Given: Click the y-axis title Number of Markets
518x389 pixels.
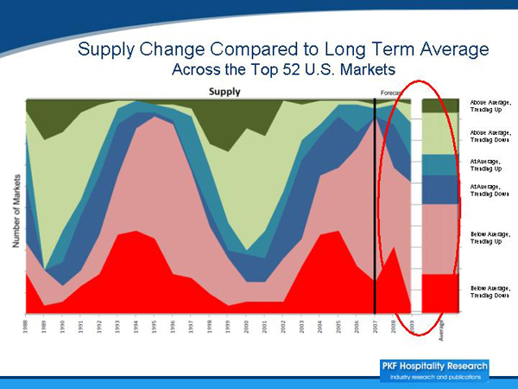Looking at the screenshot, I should pyautogui.click(x=16, y=206).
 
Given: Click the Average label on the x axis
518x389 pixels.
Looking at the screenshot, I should pyautogui.click(x=440, y=332).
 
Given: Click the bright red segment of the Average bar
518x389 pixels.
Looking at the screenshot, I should pyautogui.click(x=440, y=292).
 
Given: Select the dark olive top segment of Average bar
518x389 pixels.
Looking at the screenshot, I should pyautogui.click(x=440, y=105).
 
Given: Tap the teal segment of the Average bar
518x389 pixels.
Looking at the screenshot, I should pyautogui.click(x=440, y=164).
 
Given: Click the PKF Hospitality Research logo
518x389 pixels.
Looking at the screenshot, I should pyautogui.click(x=434, y=370).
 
